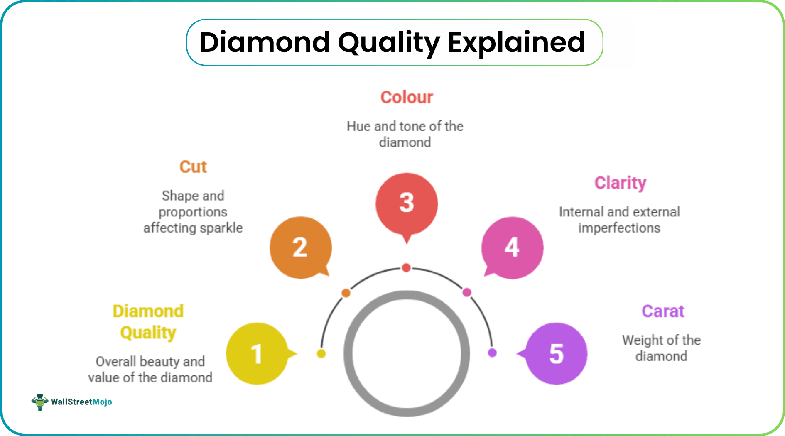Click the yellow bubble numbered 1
tap(257, 354)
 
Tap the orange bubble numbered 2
tap(300, 247)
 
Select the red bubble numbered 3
tap(407, 203)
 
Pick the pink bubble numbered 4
tap(513, 247)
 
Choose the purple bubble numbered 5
tap(556, 354)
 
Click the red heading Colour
tap(407, 98)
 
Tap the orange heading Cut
tap(193, 167)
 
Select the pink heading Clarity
tap(620, 183)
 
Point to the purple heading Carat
tap(663, 311)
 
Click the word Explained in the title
tap(516, 42)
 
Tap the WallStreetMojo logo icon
tap(39, 402)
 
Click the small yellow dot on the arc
tap(321, 354)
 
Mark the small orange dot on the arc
tap(346, 293)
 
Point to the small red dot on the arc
tap(407, 268)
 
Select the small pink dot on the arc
tap(467, 292)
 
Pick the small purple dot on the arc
tap(492, 353)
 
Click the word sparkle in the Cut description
tap(221, 228)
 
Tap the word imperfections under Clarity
tap(619, 228)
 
